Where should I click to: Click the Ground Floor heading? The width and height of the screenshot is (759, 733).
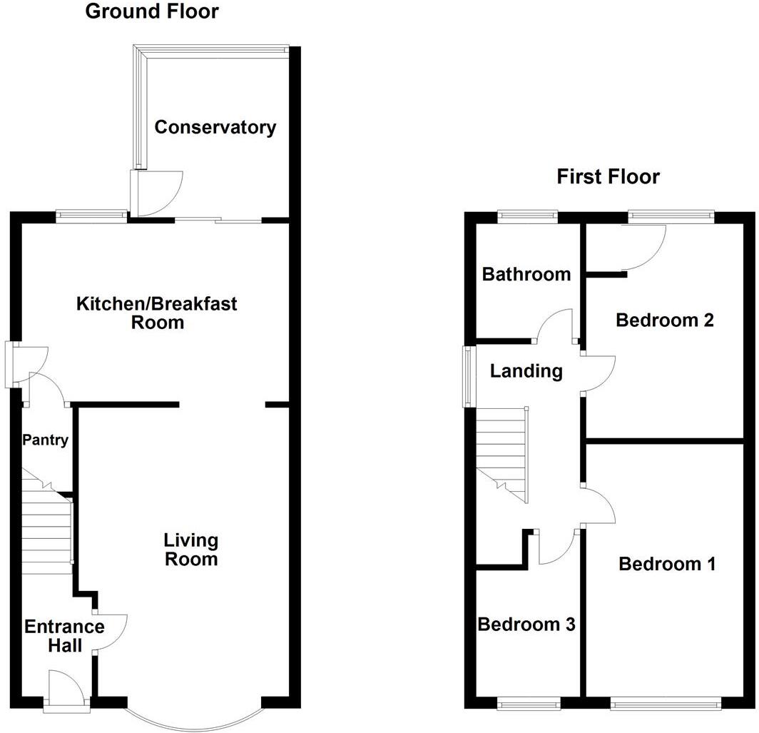152,11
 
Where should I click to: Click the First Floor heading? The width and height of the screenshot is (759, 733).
608,176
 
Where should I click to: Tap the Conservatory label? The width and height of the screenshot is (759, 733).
215,128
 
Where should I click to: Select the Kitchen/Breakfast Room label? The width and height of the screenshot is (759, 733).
157,313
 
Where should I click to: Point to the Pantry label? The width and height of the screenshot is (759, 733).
44,440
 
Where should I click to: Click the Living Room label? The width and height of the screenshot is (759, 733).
191,549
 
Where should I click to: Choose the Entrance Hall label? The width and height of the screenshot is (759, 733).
64,636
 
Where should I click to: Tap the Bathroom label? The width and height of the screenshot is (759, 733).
526,274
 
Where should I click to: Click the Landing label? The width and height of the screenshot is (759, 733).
526,371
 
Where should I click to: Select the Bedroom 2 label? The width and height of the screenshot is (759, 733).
665,320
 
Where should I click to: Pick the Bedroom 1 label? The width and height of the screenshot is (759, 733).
667,565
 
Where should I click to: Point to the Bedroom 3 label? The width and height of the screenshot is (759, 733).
526,625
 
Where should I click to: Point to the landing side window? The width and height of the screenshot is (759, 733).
468,376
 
